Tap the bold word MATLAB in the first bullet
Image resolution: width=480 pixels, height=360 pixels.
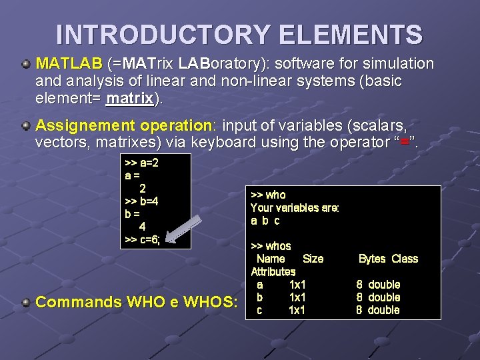pyautogui.click(x=68, y=64)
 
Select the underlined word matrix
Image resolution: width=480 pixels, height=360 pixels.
pyautogui.click(x=129, y=99)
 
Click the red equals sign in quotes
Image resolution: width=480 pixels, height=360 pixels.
pyautogui.click(x=404, y=142)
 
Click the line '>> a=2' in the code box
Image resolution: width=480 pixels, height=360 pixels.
pyautogui.click(x=141, y=163)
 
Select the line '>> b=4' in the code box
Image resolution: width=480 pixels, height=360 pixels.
pyautogui.click(x=141, y=201)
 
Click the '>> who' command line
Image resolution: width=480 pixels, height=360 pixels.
pyautogui.click(x=268, y=195)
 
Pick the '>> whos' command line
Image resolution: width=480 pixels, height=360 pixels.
pyautogui.click(x=271, y=246)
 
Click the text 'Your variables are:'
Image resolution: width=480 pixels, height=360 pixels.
pyautogui.click(x=295, y=207)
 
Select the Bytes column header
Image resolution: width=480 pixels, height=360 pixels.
pyautogui.click(x=372, y=259)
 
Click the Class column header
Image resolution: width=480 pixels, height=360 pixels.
pyautogui.click(x=405, y=259)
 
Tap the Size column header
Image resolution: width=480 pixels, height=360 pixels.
pyautogui.click(x=313, y=259)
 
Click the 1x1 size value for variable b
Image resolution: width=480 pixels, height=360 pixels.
pyautogui.click(x=297, y=297)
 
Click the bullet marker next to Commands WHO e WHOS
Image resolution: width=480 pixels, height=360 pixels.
pyautogui.click(x=25, y=303)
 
